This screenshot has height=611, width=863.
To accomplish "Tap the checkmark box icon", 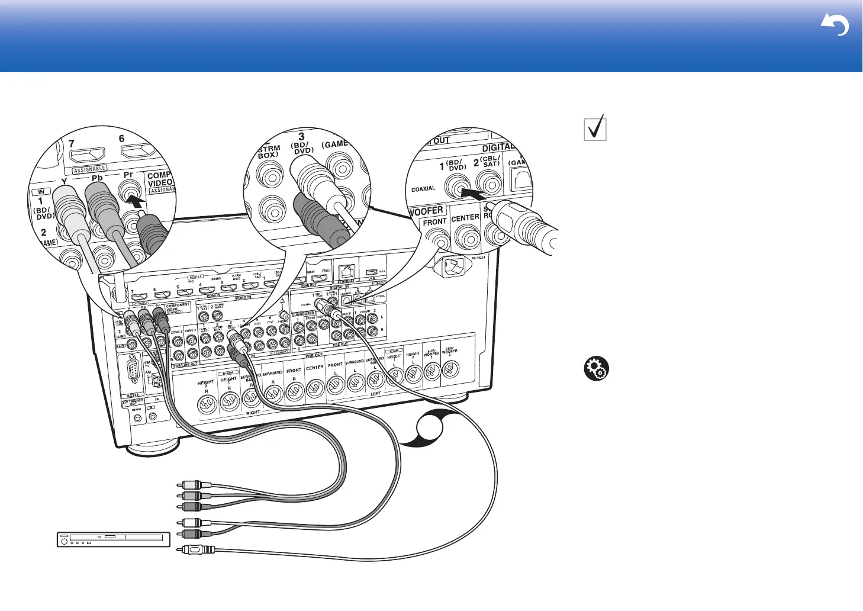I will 595,128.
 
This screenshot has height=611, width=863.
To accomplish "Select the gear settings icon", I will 595,369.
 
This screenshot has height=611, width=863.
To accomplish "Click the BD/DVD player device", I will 112,539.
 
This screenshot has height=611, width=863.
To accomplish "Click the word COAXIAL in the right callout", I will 423,189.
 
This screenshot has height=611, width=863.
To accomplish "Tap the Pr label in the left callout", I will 128,175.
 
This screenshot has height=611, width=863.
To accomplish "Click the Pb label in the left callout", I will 97,178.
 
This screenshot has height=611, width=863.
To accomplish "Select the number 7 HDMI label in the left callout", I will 72,143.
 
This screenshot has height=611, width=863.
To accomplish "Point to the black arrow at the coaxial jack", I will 474,193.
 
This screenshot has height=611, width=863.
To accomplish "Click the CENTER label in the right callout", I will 465,218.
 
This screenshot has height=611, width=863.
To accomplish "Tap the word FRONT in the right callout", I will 434,222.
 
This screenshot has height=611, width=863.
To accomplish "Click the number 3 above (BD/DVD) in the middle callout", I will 301,137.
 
